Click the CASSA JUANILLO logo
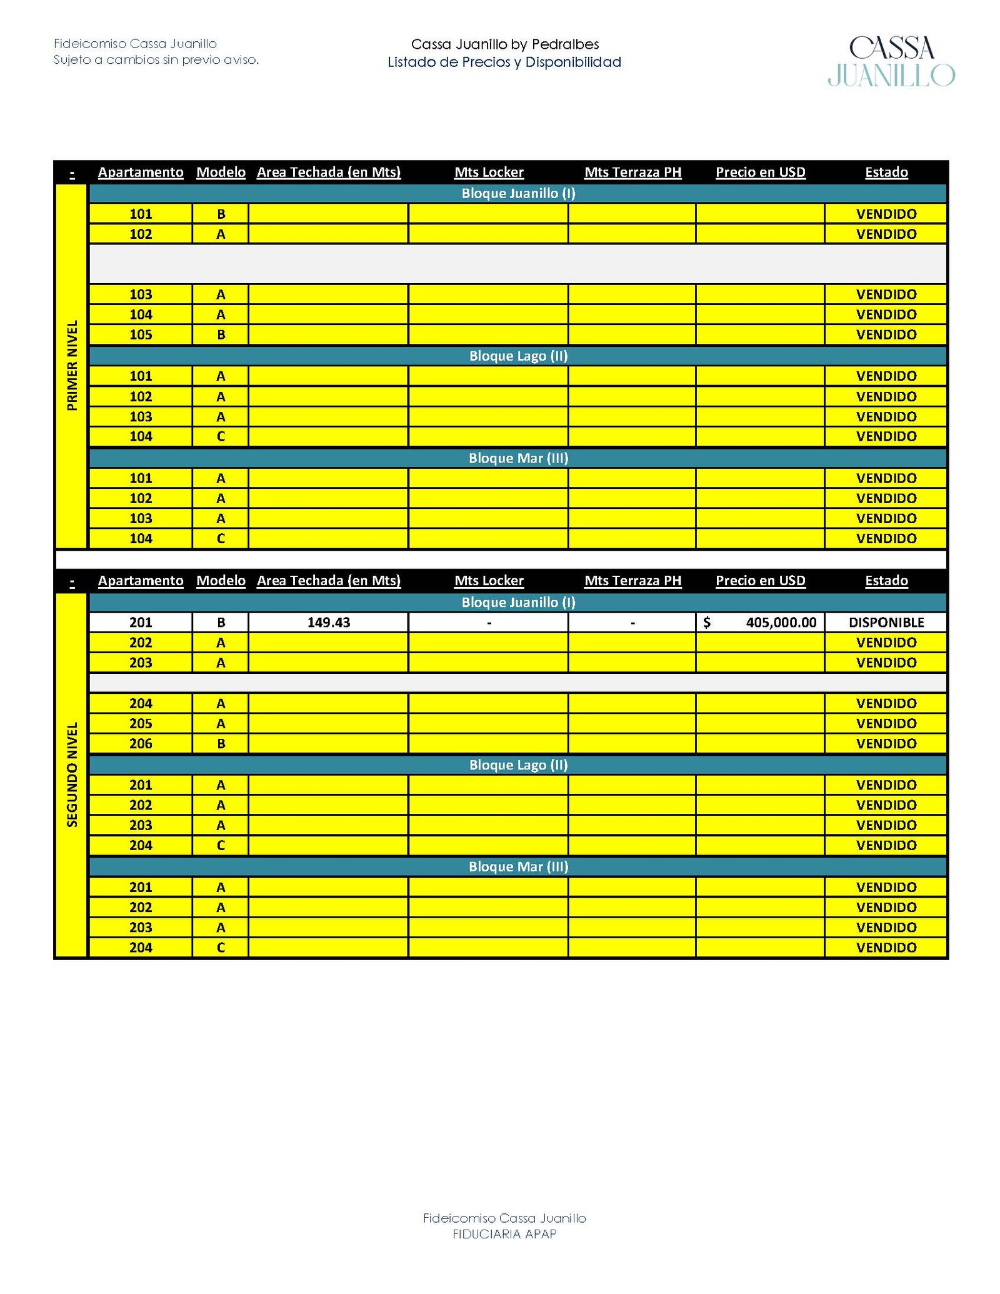click(891, 61)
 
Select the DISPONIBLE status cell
click(886, 622)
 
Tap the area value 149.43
click(329, 622)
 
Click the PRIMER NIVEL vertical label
click(72, 365)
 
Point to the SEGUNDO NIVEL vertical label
click(72, 775)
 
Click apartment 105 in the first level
click(141, 334)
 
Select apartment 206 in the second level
click(141, 743)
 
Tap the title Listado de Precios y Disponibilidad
click(504, 62)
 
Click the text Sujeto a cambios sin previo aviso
click(156, 60)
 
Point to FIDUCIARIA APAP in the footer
click(504, 1233)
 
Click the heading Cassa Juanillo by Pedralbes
click(504, 44)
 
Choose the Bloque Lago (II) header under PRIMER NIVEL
click(518, 356)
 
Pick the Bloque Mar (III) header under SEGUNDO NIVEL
click(518, 866)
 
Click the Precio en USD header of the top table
click(760, 172)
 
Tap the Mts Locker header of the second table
click(489, 580)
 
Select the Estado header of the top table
click(886, 172)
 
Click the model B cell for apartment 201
click(221, 622)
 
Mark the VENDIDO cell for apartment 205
click(886, 723)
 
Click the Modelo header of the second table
click(221, 580)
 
